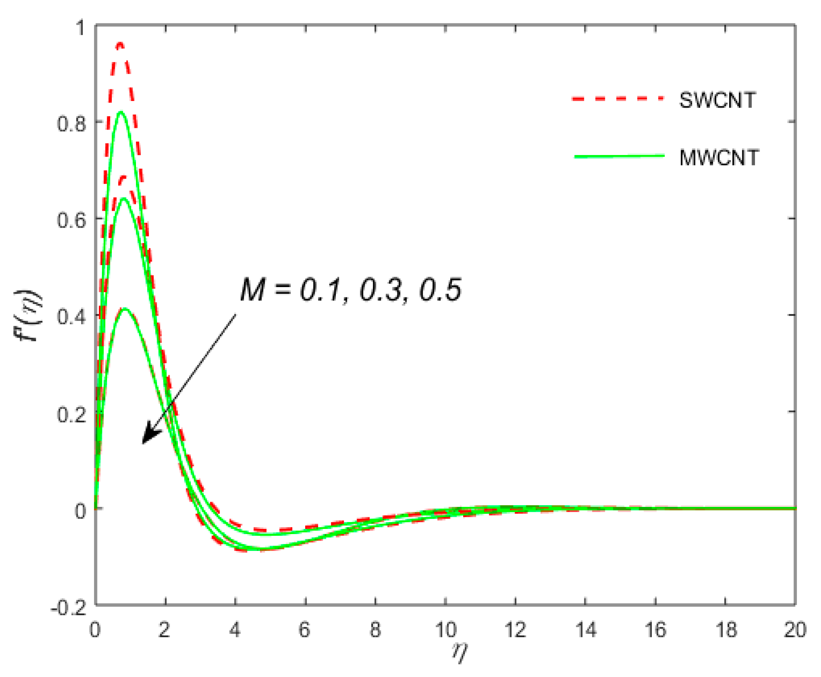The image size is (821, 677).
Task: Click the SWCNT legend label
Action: point(717,100)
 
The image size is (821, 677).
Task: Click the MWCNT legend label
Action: point(719,158)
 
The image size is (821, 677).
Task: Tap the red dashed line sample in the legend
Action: point(618,99)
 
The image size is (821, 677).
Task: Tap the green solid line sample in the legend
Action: point(619,156)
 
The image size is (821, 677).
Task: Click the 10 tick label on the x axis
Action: point(445,630)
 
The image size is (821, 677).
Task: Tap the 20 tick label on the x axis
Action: point(795,630)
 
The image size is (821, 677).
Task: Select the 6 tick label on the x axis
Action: point(305,630)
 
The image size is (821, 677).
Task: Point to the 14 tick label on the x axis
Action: point(585,630)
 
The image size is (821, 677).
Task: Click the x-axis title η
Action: point(460,652)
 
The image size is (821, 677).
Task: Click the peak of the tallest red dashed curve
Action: point(120,44)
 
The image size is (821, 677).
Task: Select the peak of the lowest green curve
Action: point(125,309)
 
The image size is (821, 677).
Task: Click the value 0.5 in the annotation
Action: point(440,290)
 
